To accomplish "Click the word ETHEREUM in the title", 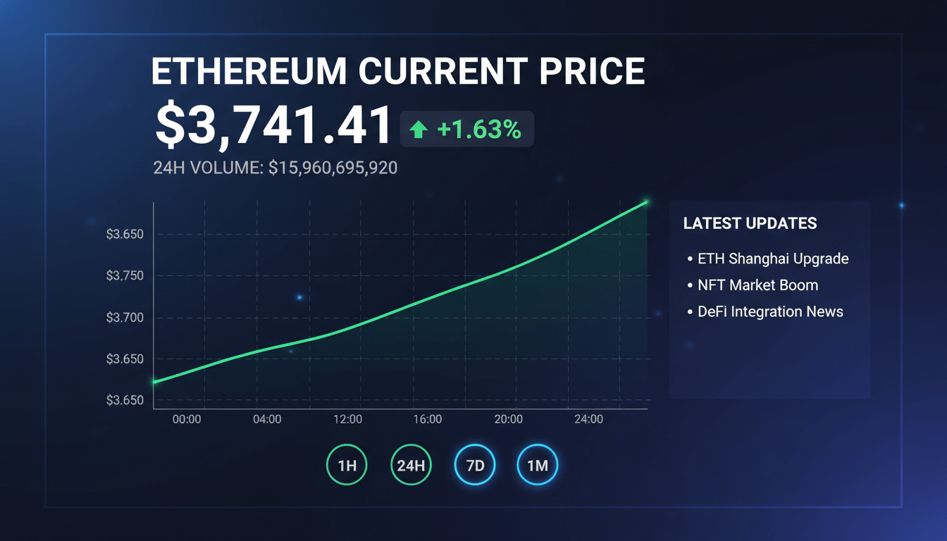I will tap(249, 71).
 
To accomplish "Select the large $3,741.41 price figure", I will tap(273, 125).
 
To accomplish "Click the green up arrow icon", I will tap(419, 130).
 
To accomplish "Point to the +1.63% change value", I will tap(479, 130).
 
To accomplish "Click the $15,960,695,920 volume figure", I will tap(333, 168).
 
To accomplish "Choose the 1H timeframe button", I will tap(347, 465).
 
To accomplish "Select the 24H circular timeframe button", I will tap(411, 465).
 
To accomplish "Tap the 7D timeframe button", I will tap(475, 465).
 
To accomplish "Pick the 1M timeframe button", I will tap(538, 465).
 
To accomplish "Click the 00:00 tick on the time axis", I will tap(187, 419).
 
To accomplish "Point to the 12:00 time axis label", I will tap(347, 419).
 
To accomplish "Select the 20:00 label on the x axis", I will tap(508, 419).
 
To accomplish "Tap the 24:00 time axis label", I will tap(588, 419).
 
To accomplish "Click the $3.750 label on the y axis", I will tap(125, 276).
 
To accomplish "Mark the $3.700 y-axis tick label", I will tap(125, 318).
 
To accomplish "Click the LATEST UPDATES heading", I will tap(750, 224).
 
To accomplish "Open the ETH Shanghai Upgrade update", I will tap(772, 259).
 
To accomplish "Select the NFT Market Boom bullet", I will tap(757, 285).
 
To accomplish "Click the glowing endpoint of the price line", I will tap(646, 202).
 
